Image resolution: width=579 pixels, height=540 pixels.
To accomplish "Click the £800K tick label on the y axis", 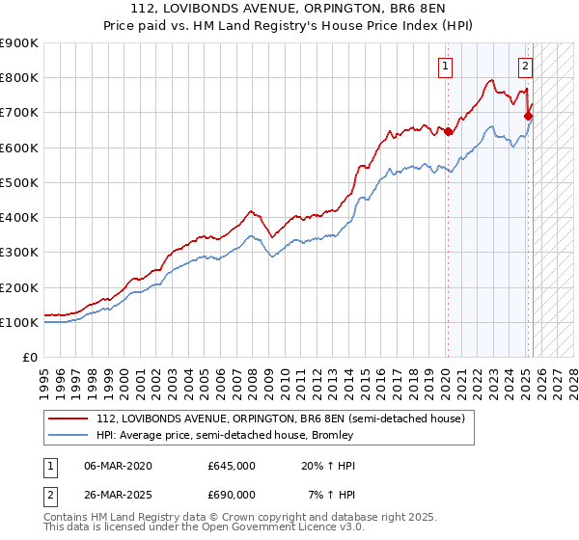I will point(19,78).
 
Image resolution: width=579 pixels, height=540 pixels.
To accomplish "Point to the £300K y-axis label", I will point(19,253).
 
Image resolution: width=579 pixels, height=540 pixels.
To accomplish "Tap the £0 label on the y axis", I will point(29,358).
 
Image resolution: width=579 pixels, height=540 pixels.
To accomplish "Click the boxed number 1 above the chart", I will point(445,67).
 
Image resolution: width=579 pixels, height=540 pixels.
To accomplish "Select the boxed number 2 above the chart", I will point(525,67).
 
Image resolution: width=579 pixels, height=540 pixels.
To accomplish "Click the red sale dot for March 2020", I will point(449,132).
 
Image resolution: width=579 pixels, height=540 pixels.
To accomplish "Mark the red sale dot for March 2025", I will point(529,117).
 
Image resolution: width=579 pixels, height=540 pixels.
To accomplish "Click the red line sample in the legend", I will point(69,418).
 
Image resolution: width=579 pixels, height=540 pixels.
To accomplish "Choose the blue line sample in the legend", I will point(69,435).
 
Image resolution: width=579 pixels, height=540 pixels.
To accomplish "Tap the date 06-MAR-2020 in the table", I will point(118,466).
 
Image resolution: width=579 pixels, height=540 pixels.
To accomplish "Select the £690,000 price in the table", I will point(232,495).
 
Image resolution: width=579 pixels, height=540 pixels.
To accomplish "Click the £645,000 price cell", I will point(232,466).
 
